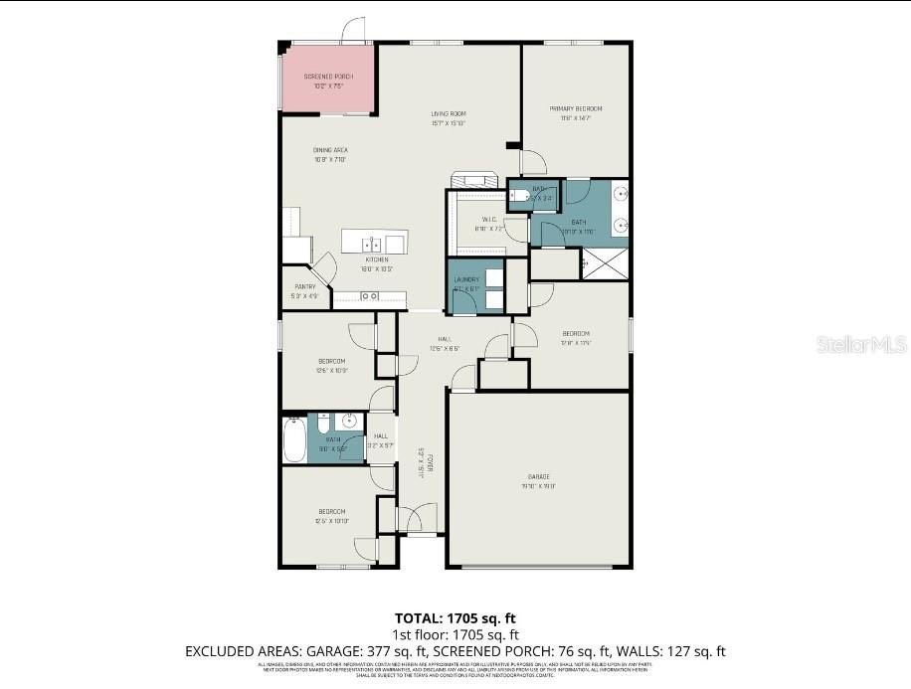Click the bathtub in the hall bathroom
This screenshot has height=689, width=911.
tap(294, 438)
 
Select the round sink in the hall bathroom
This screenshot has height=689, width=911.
tap(349, 422)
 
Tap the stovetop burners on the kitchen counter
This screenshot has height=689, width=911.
tap(369, 295)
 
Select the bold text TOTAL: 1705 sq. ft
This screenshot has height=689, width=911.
tap(455, 617)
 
